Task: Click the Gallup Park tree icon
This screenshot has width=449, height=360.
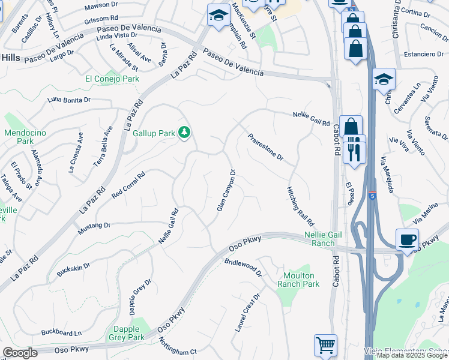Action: pos(185,131)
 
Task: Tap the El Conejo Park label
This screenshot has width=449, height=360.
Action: pos(112,79)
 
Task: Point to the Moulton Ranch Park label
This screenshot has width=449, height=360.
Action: pos(298,280)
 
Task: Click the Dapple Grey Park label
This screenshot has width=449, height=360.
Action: pos(127,333)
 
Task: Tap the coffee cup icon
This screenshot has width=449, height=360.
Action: pos(407,240)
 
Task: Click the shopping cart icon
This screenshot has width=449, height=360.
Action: pos(325,345)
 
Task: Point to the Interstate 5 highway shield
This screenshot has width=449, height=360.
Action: pos(373,196)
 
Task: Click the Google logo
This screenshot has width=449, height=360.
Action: pos(20,353)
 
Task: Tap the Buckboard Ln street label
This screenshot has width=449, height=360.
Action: pos(61,332)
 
